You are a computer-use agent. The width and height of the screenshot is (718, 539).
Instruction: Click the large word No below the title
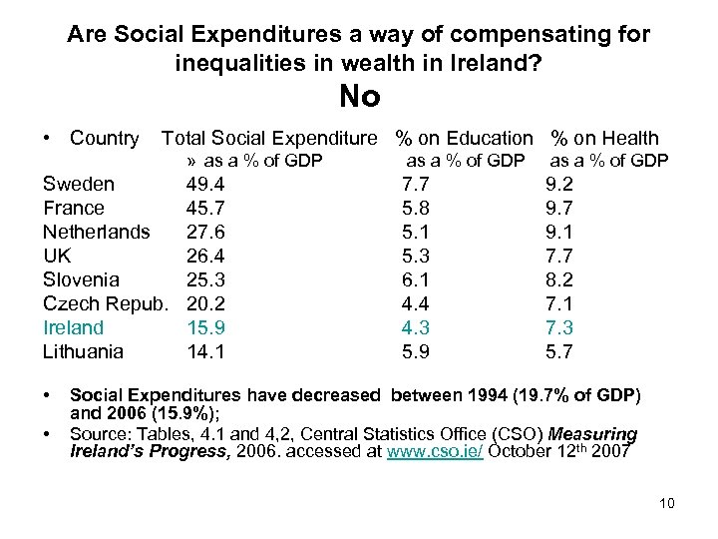359,97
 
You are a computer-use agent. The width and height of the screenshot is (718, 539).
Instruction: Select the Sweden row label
78,184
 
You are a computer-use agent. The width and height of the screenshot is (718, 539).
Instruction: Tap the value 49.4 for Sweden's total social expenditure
205,184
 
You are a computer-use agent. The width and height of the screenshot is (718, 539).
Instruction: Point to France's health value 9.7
559,208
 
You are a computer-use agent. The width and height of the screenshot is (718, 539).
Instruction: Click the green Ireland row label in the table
73,327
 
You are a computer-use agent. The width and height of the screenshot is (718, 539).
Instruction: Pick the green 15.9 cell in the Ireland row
205,327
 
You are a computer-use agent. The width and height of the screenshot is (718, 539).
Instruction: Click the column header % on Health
605,139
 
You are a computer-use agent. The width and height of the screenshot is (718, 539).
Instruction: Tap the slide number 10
666,503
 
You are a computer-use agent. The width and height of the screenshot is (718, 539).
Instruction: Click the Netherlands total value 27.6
205,232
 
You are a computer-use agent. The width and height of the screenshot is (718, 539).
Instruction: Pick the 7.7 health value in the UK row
559,256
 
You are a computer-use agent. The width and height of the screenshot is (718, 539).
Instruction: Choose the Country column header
104,139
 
